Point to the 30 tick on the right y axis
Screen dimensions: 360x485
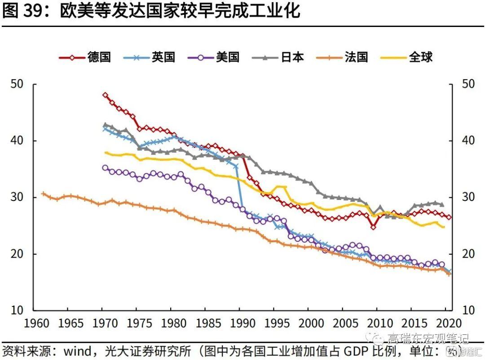point(468,197)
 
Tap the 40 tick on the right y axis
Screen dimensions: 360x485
point(468,141)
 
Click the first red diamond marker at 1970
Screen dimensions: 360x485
point(106,95)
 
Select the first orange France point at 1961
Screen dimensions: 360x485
point(44,194)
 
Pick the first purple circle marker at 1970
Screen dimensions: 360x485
point(106,168)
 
